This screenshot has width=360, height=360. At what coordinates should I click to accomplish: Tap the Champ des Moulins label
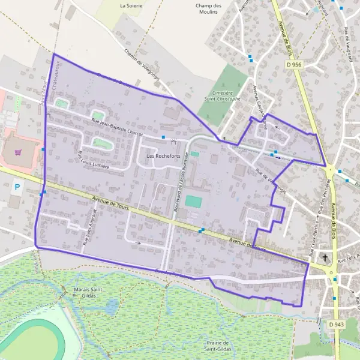coord(209,9)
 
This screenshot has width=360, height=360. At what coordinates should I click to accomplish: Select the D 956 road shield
coord(294,64)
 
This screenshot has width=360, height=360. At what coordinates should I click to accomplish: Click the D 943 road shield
coord(337,325)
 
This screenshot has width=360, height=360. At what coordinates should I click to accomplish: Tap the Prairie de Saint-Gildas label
coord(218,346)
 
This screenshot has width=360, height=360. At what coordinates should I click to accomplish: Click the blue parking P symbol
coord(17,187)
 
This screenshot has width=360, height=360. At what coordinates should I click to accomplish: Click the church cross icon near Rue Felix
coord(325,259)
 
